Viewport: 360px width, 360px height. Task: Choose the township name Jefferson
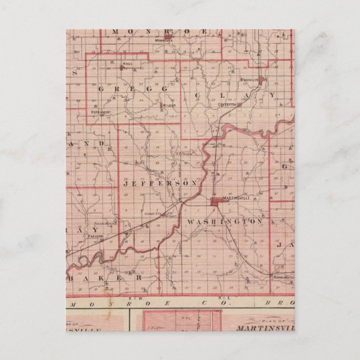(x=158, y=183)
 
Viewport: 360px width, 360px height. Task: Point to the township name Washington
(x=224, y=221)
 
